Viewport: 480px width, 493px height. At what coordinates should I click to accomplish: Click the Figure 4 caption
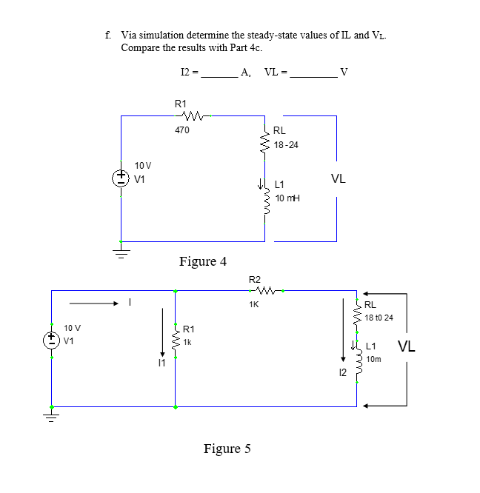click(x=203, y=261)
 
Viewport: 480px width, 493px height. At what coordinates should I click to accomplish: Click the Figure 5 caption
click(x=227, y=449)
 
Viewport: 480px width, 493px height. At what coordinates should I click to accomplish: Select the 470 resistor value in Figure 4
click(x=181, y=130)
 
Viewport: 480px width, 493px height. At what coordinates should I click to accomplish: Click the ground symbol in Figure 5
click(x=51, y=417)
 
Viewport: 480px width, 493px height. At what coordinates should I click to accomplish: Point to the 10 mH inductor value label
click(x=287, y=199)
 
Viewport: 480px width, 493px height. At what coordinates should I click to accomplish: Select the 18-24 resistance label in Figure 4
click(x=286, y=144)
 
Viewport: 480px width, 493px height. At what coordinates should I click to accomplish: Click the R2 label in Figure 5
click(x=254, y=279)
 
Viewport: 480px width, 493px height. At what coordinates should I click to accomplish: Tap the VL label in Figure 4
click(x=338, y=178)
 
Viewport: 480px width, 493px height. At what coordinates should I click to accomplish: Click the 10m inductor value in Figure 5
click(x=373, y=359)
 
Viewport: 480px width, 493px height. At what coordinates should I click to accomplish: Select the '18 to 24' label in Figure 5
click(x=379, y=318)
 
